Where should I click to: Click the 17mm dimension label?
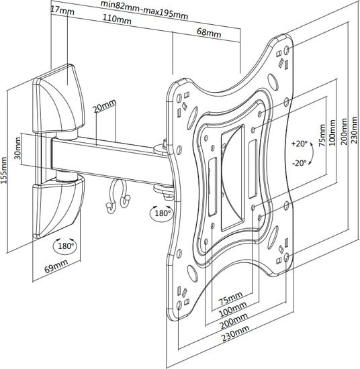[62, 10]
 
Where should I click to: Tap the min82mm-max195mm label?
[144, 9]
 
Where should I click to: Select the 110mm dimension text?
[117, 19]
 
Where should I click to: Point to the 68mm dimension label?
[209, 32]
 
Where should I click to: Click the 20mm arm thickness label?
[105, 105]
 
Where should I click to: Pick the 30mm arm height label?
[17, 148]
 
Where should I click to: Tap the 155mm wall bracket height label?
[4, 170]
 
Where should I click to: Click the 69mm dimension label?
[56, 266]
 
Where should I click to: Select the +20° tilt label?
[299, 143]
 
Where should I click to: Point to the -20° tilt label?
[300, 162]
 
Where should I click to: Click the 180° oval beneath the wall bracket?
[65, 246]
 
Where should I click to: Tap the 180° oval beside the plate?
[162, 213]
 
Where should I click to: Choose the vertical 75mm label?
[322, 136]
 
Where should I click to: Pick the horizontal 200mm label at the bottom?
[234, 321]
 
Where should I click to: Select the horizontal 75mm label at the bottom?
[230, 298]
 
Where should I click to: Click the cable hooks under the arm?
[118, 196]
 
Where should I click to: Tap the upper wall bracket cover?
[58, 99]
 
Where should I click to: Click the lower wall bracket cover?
[58, 207]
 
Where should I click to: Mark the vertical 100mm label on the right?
[332, 132]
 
